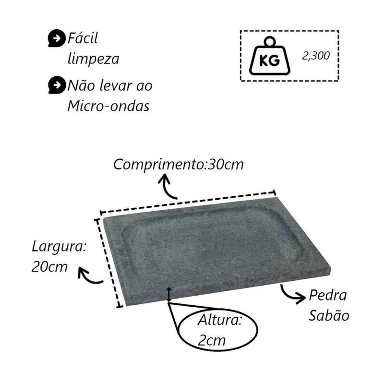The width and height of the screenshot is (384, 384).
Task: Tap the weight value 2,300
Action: pos(316,56)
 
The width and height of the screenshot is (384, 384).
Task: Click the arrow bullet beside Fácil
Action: pos(57,38)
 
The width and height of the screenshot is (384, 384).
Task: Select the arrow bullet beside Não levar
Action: pos(57,85)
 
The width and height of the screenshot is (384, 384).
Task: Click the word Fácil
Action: pos(83,38)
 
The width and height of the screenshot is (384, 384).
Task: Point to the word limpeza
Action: pos(93,59)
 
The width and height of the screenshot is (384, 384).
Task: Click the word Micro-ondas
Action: pos(108,106)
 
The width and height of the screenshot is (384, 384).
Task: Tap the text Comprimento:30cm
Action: pos(178,164)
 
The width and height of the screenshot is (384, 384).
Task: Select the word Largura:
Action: pos(59,247)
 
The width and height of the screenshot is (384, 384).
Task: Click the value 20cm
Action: pos(49,266)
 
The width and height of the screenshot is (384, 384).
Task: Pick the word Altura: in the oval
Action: pos(220,320)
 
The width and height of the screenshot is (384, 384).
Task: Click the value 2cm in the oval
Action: pos(212,340)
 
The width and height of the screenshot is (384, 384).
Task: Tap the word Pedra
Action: pos(328,295)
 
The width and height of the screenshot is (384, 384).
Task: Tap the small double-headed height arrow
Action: pos(169,294)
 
